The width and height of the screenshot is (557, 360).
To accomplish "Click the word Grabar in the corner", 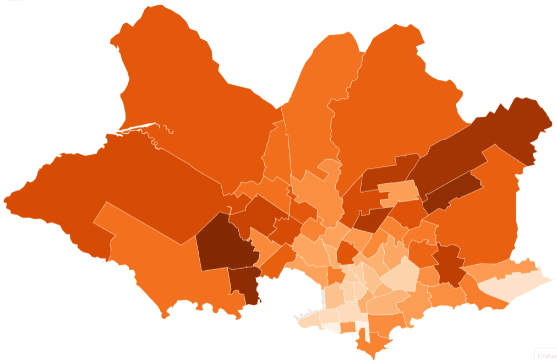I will coord(546,355).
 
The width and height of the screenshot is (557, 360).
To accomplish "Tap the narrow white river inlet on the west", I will coord(138,128).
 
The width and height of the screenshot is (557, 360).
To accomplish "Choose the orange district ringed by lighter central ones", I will coord(347,253).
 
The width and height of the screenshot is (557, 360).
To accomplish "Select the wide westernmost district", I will coord(110,182).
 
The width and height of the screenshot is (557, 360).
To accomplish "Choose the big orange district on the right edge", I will coord(484,220).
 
